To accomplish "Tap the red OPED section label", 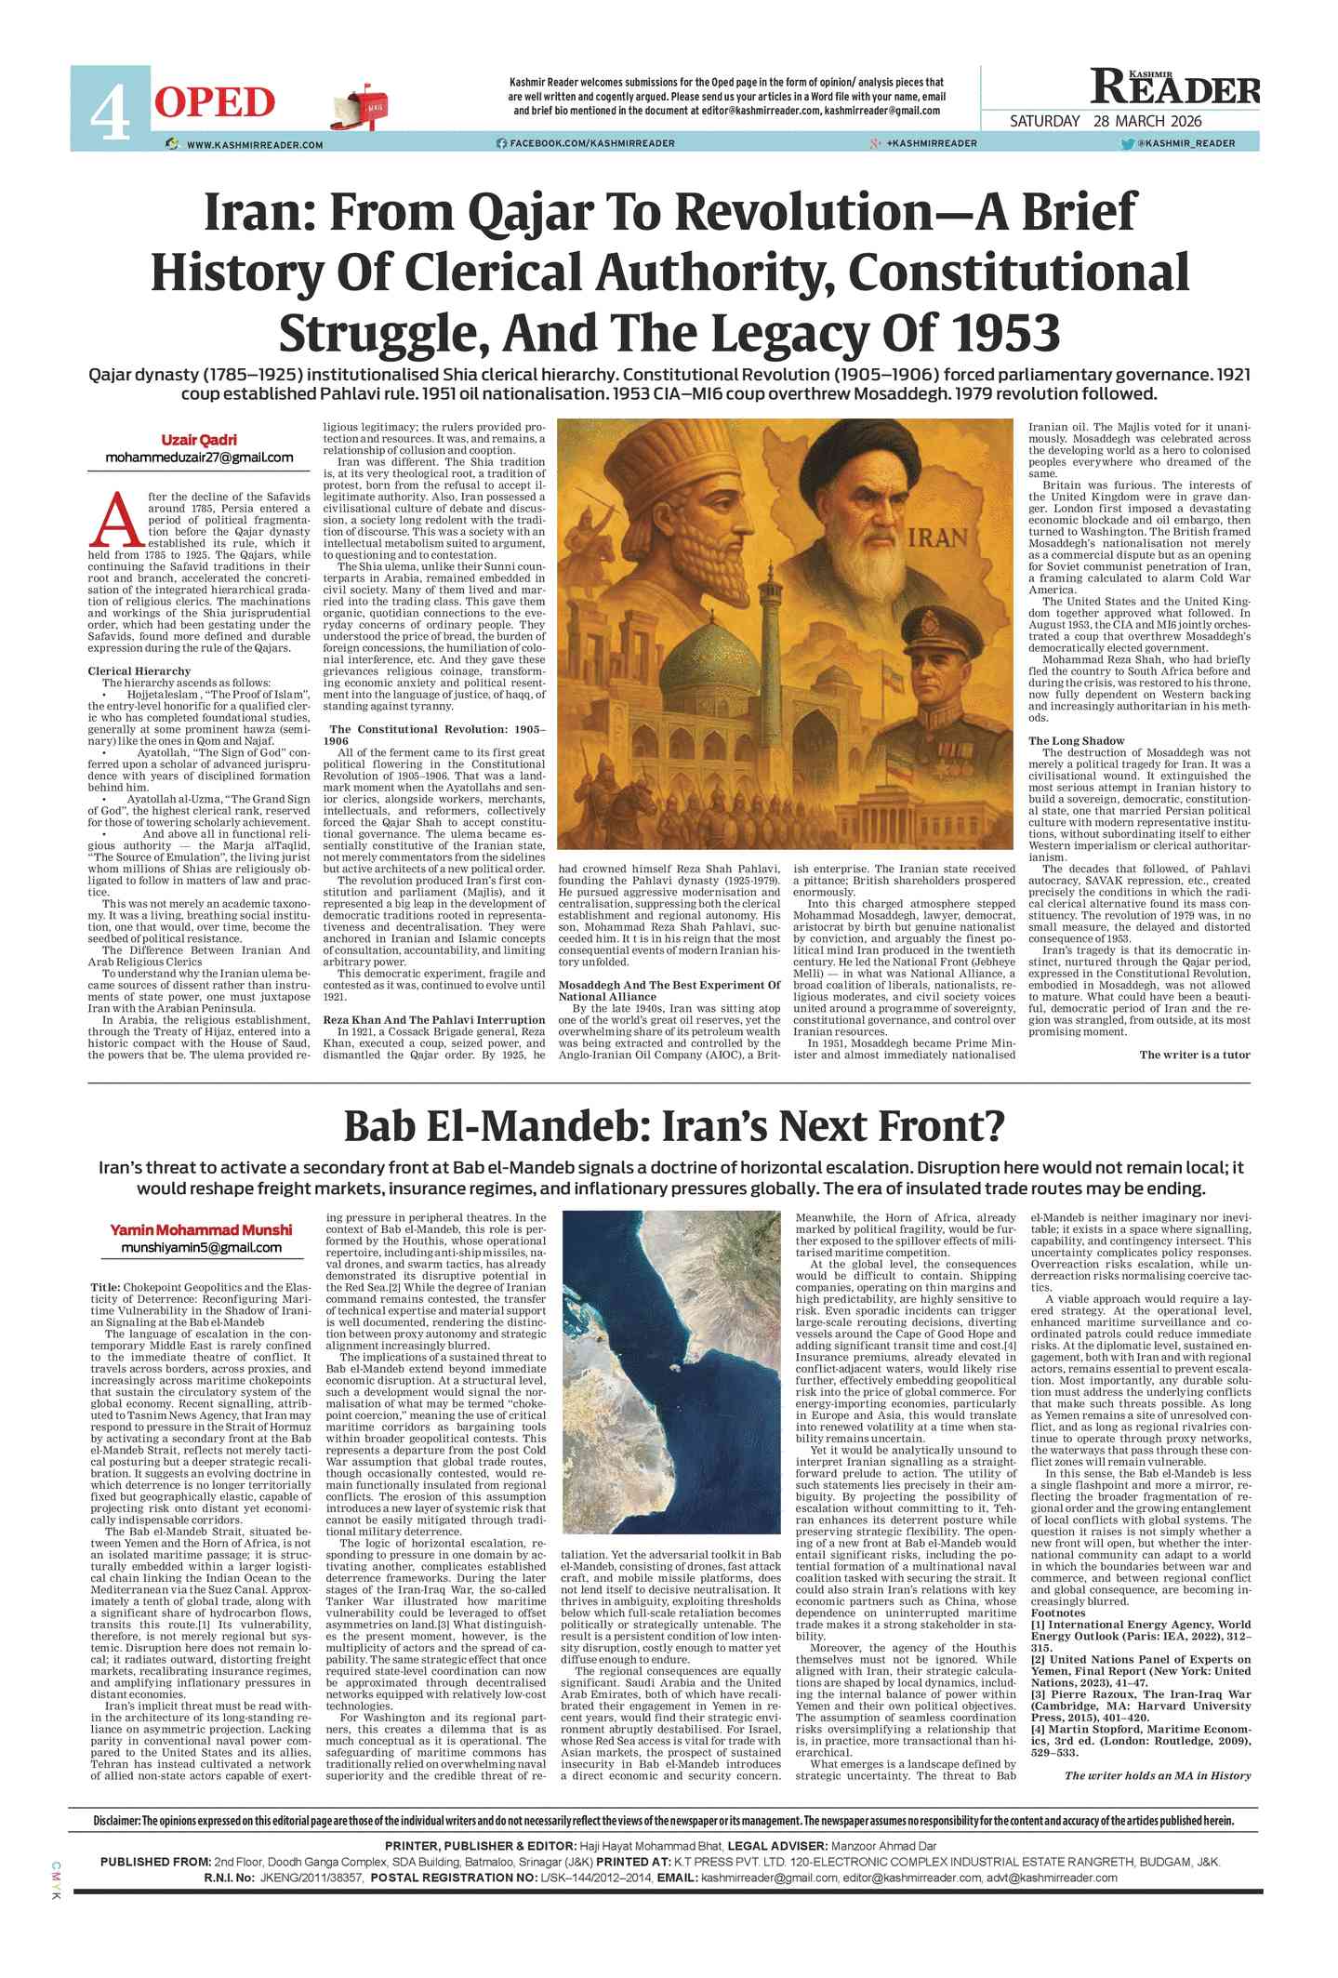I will [215, 102].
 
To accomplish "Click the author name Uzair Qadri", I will [199, 440].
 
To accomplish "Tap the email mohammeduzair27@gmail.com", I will [199, 458].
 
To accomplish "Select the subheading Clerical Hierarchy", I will [139, 670].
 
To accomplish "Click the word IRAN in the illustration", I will [937, 538].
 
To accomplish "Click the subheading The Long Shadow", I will [1076, 740].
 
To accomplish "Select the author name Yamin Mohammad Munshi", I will [201, 1229].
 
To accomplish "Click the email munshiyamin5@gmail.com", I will [201, 1247].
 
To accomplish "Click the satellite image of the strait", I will [671, 1372].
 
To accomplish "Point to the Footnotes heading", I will [1057, 1613].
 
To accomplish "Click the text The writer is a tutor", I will [1194, 1054].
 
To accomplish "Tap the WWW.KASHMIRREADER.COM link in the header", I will [254, 144].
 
